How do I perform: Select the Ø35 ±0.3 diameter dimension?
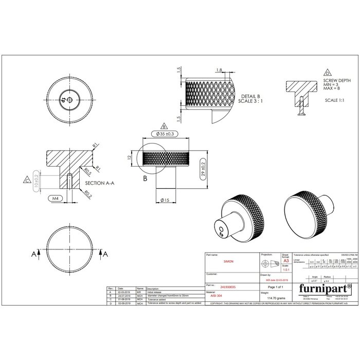pos(164,134)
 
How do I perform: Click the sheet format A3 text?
pos(285,261)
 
